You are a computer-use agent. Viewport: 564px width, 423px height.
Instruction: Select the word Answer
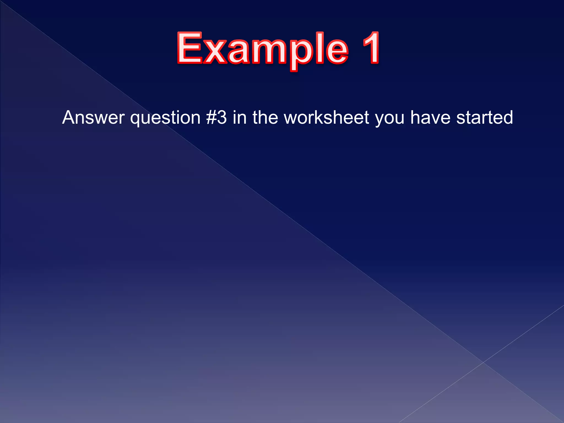tap(93, 118)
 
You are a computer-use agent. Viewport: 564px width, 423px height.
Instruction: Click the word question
tap(165, 118)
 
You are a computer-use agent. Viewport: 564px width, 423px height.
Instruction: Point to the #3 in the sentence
tap(216, 118)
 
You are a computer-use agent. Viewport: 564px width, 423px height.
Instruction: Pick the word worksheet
tap(326, 118)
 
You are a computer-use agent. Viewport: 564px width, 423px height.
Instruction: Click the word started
tap(485, 118)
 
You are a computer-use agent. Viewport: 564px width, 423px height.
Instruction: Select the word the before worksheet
tap(265, 118)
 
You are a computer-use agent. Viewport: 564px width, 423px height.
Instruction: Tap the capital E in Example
tap(190, 48)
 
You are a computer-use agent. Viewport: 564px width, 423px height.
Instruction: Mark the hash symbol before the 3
tap(211, 118)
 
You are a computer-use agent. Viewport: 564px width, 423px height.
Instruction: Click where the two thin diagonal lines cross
tap(483, 362)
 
